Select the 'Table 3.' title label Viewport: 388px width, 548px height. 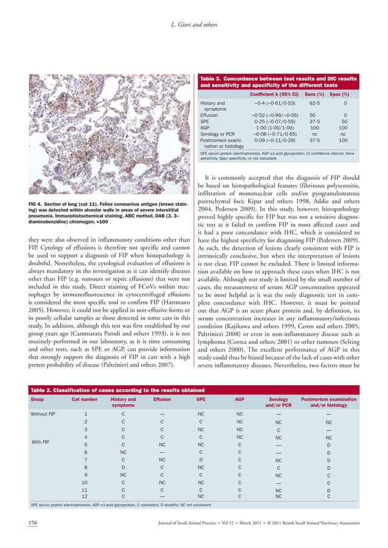[x=215, y=79]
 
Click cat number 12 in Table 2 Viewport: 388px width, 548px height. [x=85, y=496]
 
